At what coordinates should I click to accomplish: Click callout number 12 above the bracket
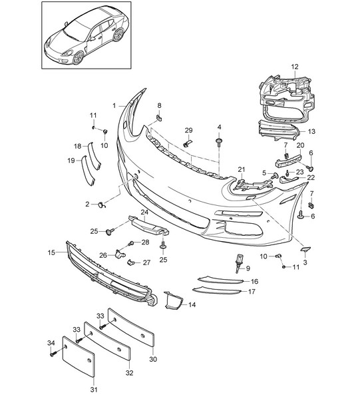tap(295, 67)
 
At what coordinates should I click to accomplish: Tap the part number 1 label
tap(114, 106)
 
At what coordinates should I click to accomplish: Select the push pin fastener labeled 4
tap(219, 142)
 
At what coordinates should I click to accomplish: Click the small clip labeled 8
tap(159, 117)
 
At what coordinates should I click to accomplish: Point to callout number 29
tap(189, 130)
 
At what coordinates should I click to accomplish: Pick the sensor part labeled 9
tap(239, 263)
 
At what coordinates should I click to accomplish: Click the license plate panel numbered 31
tap(79, 356)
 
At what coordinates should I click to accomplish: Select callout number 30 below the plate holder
tap(153, 359)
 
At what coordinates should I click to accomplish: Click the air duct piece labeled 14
tap(173, 300)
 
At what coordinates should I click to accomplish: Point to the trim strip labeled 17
tap(217, 290)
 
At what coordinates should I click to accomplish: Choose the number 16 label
tap(254, 281)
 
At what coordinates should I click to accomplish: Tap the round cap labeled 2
tap(102, 205)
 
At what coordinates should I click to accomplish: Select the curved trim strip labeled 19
tap(87, 170)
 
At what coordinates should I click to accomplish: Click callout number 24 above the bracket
tap(144, 212)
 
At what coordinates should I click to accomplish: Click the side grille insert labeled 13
tap(278, 131)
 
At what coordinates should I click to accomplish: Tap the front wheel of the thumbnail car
tap(79, 57)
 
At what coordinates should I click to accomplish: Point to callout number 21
tap(242, 169)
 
